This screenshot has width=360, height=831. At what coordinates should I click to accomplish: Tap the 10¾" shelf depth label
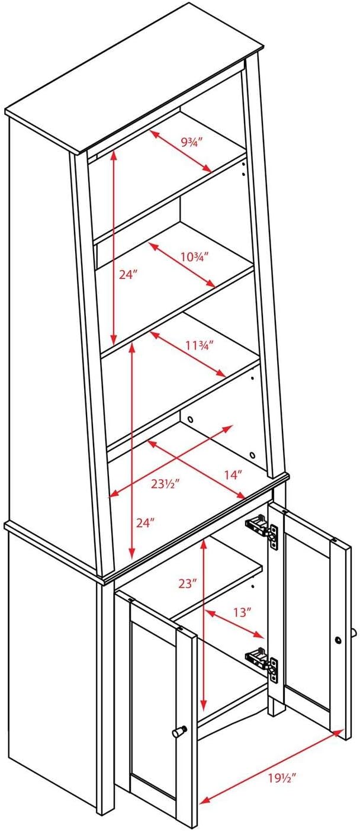pos(195,256)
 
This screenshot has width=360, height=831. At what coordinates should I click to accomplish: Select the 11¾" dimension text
pos(200,345)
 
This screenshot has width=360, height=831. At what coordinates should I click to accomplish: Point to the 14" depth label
pos(233,474)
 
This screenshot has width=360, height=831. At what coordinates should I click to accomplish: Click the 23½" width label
pos(165,483)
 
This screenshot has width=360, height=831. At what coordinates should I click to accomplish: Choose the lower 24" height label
pos(145,523)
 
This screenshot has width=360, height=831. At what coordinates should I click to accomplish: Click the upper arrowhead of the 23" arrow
pos(203,544)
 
